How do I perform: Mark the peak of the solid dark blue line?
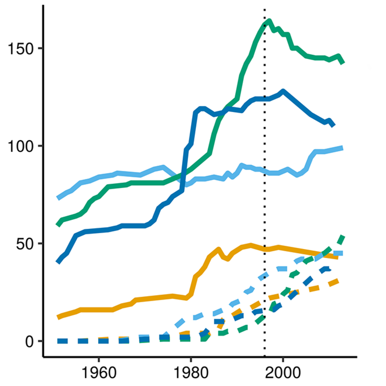(283, 91)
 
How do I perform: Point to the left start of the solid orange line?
(59, 318)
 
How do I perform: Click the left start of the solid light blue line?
(59, 198)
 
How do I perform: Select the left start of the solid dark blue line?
(59, 262)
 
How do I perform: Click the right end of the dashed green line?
(343, 236)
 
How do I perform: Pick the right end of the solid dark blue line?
(333, 126)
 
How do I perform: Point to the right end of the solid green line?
(343, 63)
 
